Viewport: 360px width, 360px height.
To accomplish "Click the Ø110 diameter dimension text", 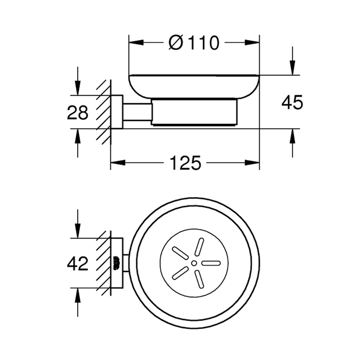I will pos(194,42).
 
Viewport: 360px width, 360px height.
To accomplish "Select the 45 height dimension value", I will pos(292,103).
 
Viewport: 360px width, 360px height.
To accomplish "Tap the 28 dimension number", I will pos(78,113).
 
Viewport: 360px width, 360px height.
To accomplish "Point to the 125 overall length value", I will pos(185,163).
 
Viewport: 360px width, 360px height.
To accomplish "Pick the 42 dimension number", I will pos(78,264).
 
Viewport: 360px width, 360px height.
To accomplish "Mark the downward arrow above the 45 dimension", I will pos(292,68).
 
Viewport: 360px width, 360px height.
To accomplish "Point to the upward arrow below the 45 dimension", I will pos(292,136).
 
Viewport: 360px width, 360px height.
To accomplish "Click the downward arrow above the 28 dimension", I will pos(78,88).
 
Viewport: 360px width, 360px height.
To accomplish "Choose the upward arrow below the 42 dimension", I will pos(78,296).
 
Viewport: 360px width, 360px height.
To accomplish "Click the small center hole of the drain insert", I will pos(194,263).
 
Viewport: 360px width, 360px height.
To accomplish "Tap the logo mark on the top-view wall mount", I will pos(116,263).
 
